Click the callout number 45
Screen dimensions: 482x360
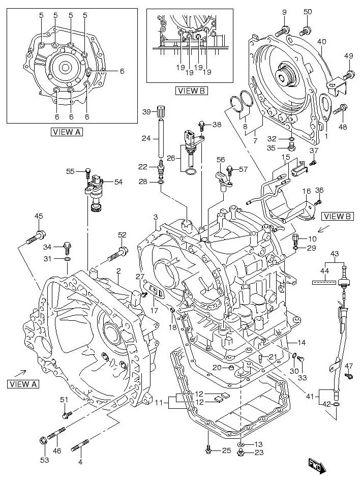click(x=39, y=217)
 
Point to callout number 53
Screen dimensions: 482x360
click(x=45, y=460)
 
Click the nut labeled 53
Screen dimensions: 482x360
click(x=44, y=440)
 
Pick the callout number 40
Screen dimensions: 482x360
click(x=321, y=42)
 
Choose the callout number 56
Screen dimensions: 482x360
click(x=221, y=159)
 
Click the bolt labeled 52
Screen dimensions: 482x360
click(x=121, y=251)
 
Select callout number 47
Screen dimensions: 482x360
click(x=349, y=366)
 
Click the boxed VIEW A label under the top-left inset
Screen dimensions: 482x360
click(x=67, y=132)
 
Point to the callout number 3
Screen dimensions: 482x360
click(x=156, y=218)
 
